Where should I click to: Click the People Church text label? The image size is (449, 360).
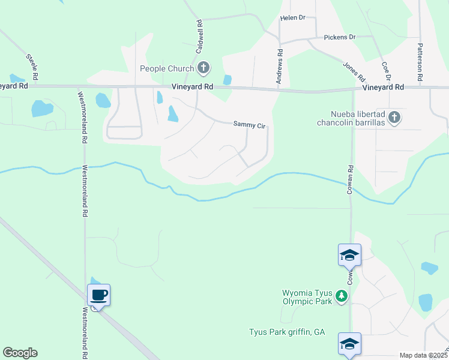(165, 68)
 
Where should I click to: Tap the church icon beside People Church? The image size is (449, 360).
(203, 68)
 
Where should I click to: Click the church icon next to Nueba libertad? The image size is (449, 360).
(394, 117)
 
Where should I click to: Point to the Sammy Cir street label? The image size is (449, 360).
(249, 125)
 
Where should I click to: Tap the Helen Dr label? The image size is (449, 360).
(293, 18)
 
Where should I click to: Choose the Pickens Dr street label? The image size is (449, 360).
(340, 37)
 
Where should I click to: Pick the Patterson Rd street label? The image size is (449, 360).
(421, 62)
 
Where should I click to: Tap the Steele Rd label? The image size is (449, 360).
(32, 67)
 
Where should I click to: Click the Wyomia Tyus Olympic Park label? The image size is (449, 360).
(307, 297)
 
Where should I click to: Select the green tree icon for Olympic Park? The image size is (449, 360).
(342, 296)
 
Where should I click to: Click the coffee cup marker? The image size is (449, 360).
(99, 295)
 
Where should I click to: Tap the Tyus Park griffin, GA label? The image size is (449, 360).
(287, 332)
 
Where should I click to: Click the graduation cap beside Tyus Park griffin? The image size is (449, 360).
(349, 343)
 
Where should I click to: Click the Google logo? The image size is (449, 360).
(20, 353)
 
